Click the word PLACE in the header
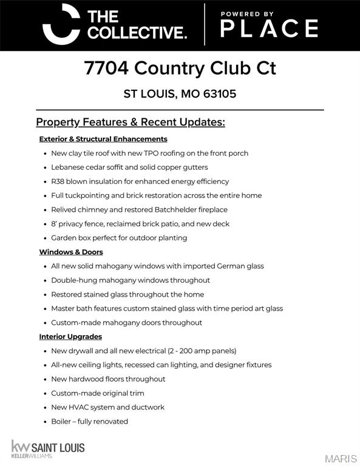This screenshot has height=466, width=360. click(269, 29)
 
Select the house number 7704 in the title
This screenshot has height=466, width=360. click(106, 68)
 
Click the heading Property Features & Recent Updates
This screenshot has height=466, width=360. click(131, 122)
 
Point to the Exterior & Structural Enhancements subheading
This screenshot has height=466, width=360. click(103, 139)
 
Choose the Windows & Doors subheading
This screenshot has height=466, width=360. click(71, 252)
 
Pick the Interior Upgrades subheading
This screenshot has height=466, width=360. click(70, 337)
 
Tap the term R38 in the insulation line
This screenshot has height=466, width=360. click(58, 181)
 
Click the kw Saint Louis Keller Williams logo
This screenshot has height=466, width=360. click(48, 449)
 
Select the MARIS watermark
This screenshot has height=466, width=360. click(341, 458)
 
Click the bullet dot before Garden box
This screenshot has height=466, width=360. click(45, 238)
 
